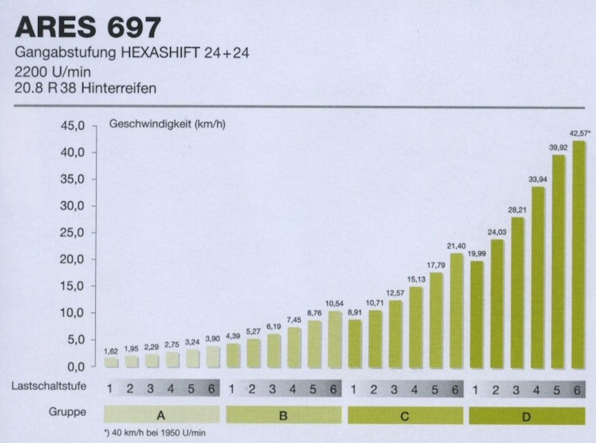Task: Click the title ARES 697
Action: (x=88, y=28)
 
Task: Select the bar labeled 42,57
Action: (x=578, y=255)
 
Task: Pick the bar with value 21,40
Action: (x=456, y=311)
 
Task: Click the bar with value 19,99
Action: (x=476, y=315)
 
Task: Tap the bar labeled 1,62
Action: (x=111, y=362)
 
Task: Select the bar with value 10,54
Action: (x=334, y=339)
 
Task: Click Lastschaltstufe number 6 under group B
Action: (x=333, y=389)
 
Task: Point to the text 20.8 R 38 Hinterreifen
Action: (x=86, y=88)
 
